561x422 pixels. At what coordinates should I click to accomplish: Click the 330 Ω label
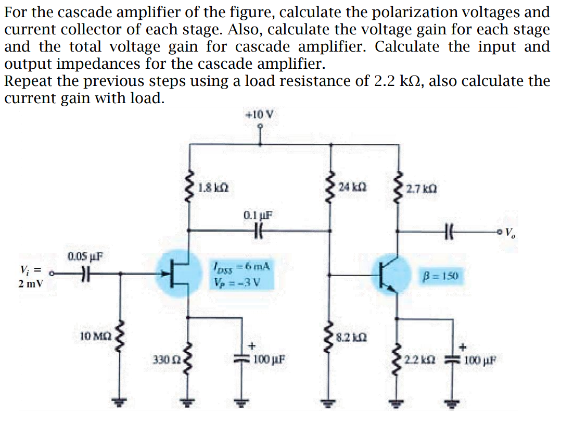pos(165,359)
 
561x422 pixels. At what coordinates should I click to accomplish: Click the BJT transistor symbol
pos(390,274)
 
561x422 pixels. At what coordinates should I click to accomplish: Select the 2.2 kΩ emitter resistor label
pos(420,359)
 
